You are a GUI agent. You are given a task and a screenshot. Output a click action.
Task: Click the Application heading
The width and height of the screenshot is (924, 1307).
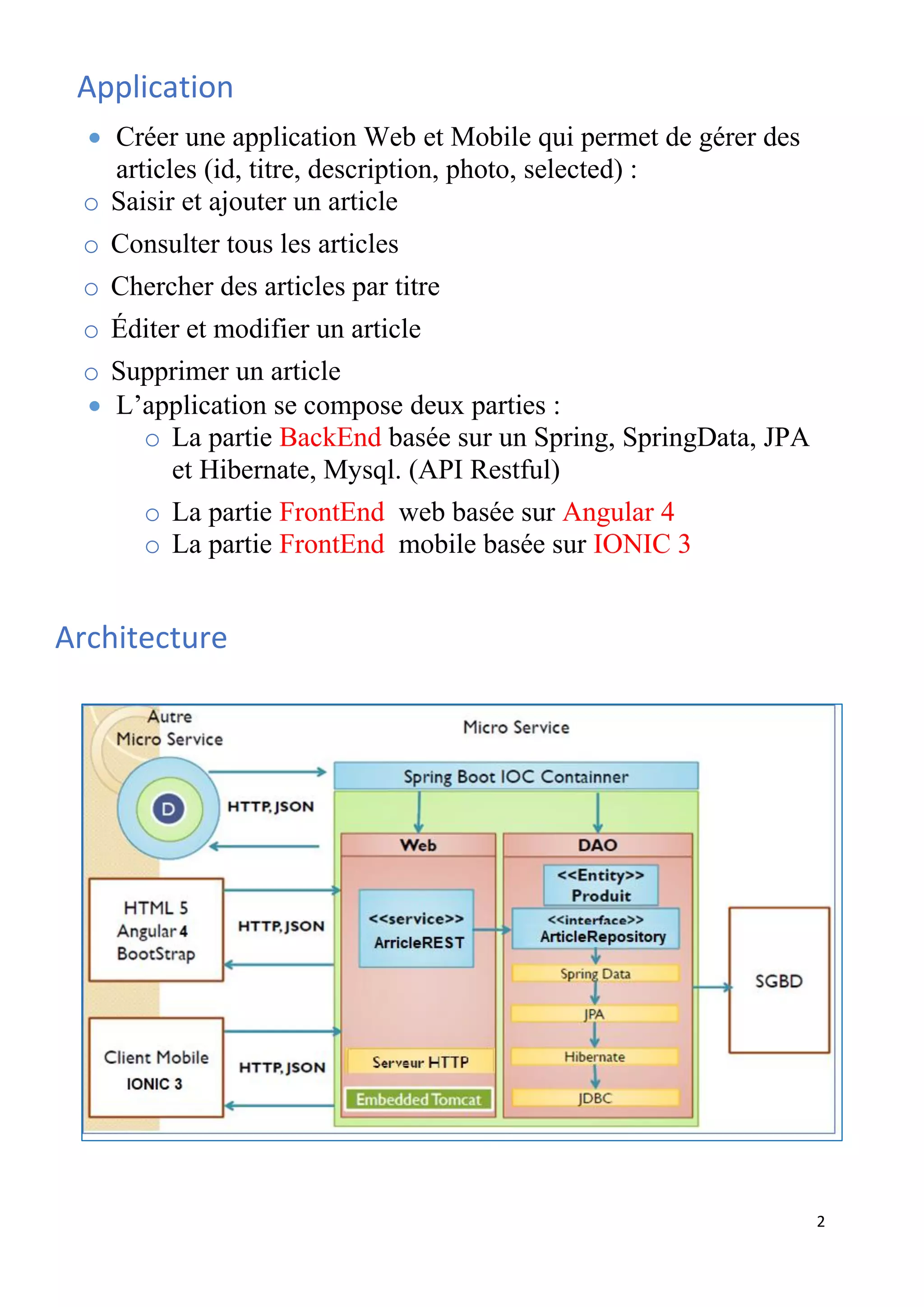[x=155, y=88]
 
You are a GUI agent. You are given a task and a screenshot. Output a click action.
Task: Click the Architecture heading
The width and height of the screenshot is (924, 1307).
[x=141, y=638]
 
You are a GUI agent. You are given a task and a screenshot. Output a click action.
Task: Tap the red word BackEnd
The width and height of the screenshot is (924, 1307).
[x=330, y=438]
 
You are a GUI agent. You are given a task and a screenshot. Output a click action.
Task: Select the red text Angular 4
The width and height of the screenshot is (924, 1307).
[x=618, y=512]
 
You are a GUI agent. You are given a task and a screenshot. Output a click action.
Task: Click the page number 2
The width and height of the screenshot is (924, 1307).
[x=820, y=1222]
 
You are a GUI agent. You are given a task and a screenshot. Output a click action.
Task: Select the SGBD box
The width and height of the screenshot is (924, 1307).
[x=778, y=980]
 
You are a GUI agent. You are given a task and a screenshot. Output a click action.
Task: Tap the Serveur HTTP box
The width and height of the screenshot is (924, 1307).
[x=420, y=1061]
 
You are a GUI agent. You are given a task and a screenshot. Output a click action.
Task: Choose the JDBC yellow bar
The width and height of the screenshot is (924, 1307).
[x=595, y=1098]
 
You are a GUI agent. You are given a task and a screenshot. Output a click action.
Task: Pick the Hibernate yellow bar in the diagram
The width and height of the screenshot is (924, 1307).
[x=595, y=1057]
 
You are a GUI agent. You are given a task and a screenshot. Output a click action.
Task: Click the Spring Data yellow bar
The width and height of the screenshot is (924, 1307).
[x=595, y=973]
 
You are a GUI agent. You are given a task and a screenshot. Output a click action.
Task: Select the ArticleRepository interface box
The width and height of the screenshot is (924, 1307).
[x=595, y=929]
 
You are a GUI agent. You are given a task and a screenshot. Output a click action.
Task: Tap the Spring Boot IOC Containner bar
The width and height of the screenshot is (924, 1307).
[x=516, y=776]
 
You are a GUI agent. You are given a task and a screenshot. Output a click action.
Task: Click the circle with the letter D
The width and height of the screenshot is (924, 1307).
[x=168, y=809]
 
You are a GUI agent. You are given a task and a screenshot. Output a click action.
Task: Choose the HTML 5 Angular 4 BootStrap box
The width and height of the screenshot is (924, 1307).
[x=156, y=930]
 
